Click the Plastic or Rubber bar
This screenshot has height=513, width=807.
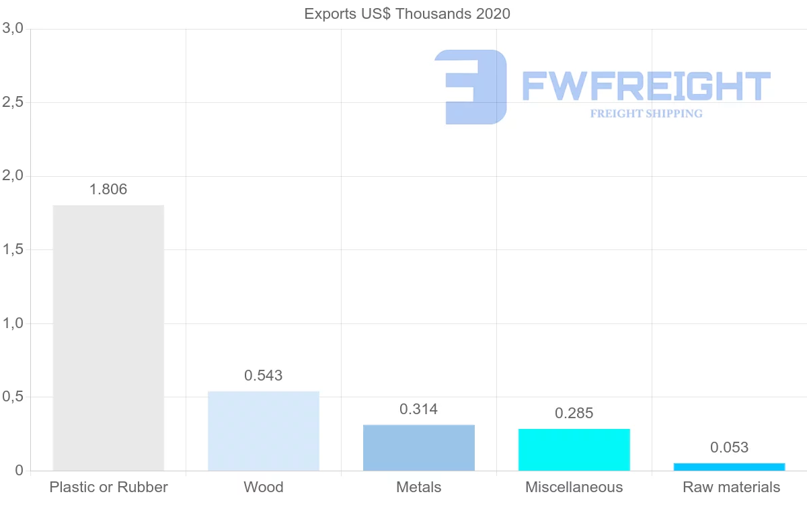[108, 338]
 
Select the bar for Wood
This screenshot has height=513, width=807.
[264, 431]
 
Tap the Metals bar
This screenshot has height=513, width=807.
[419, 448]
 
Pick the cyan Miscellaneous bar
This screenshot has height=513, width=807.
[574, 450]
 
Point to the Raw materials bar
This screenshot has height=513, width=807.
[729, 467]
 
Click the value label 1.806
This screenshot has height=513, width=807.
[108, 190]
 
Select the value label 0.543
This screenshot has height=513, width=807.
[264, 376]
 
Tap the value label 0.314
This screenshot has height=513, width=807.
[419, 409]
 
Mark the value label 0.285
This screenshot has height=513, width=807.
[574, 413]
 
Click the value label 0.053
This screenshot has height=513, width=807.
[729, 448]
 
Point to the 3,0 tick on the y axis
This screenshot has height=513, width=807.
[13, 29]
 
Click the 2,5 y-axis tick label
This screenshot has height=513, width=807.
[13, 102]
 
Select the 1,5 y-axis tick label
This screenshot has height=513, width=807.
[13, 249]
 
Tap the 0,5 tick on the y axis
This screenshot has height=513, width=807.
[13, 397]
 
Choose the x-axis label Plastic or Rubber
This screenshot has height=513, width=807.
[108, 487]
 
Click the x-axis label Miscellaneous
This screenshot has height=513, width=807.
[574, 487]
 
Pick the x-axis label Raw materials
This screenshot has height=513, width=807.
[731, 487]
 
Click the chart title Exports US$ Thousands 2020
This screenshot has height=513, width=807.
[408, 13]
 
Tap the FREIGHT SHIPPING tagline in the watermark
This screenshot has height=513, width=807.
[646, 114]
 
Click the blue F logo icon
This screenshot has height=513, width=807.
[471, 87]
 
